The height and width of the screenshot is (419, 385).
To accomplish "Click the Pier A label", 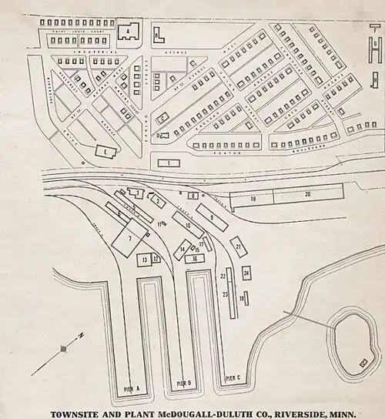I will pyautogui.click(x=130, y=390).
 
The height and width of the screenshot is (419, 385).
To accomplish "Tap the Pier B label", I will pyautogui.click(x=183, y=383).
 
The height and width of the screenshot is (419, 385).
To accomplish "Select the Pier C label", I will pyautogui.click(x=233, y=378).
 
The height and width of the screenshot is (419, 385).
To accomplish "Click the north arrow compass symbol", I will pyautogui.click(x=64, y=349).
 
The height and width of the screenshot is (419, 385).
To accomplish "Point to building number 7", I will pyautogui.click(x=131, y=240).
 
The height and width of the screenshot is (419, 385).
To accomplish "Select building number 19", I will pyautogui.click(x=253, y=199).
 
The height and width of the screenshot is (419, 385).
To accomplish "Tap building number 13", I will pyautogui.click(x=144, y=260).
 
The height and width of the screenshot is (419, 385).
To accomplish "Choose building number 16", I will pyautogui.click(x=196, y=259).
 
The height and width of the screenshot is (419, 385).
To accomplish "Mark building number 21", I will pyautogui.click(x=239, y=247).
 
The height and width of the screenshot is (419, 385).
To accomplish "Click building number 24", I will pyautogui.click(x=246, y=273).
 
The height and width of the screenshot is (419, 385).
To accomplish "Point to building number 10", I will pyautogui.click(x=189, y=224).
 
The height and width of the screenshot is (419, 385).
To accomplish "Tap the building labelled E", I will pyautogui.click(x=103, y=152).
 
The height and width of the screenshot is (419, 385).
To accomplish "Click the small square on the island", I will pyautogui.click(x=363, y=361).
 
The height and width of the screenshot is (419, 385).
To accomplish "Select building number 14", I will pyautogui.click(x=183, y=250).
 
